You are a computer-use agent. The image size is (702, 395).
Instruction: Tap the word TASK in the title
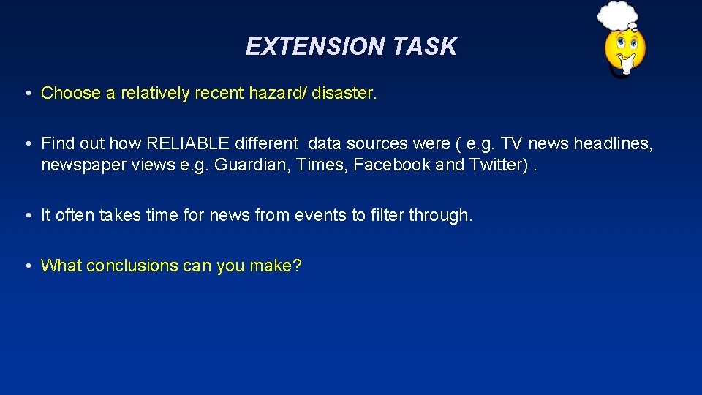(424, 47)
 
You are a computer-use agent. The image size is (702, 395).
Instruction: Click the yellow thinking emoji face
(624, 50)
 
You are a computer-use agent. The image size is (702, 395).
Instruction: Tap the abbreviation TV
(512, 143)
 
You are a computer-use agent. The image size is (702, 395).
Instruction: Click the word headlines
(613, 143)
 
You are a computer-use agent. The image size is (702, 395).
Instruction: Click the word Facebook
(392, 165)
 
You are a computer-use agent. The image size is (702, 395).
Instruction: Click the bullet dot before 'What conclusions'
(27, 266)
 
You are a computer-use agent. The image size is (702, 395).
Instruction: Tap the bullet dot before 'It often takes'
(27, 217)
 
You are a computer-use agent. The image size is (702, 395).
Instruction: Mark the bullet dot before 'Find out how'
(27, 144)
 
